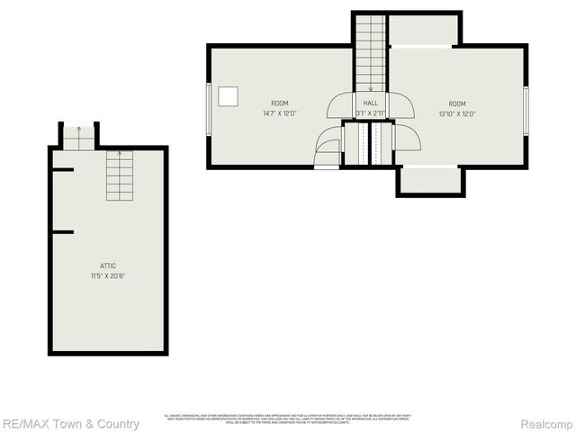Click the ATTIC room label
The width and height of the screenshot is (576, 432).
coord(108,265)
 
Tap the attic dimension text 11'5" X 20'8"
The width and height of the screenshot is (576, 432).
coord(108,275)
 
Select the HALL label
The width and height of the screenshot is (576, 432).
coord(370,103)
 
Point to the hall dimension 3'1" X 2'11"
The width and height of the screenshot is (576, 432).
coord(370,113)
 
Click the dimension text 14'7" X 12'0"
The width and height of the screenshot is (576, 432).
coord(280,113)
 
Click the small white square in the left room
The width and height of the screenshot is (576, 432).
coord(229,94)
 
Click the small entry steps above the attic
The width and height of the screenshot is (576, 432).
coord(78,137)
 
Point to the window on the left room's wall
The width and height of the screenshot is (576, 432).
coord(210,108)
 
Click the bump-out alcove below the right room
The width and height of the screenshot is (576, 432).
coord(430,180)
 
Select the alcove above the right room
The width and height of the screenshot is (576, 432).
coord(423,30)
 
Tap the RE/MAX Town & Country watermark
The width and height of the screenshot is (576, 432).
coord(70,424)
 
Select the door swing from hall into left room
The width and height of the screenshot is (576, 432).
coord(339,106)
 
